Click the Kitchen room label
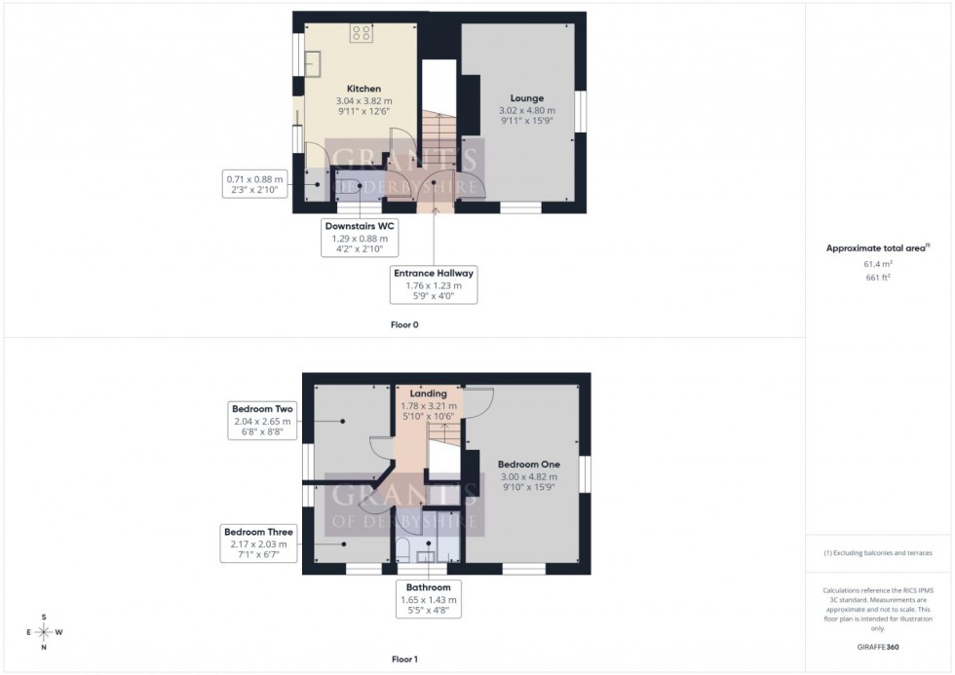pos(363,89)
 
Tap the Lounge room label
pos(526,98)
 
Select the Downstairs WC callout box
pos(362,237)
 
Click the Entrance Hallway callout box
pos(434,285)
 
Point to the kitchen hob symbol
pos(360,33)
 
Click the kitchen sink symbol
pos(313,62)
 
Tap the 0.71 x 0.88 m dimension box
pos(254,185)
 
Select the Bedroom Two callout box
pos(262,421)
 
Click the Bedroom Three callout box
pos(258,544)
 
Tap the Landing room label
pos(429,394)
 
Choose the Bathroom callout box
pos(429,601)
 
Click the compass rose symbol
pos(44,632)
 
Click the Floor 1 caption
pos(404,659)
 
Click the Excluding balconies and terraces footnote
pos(878,553)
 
